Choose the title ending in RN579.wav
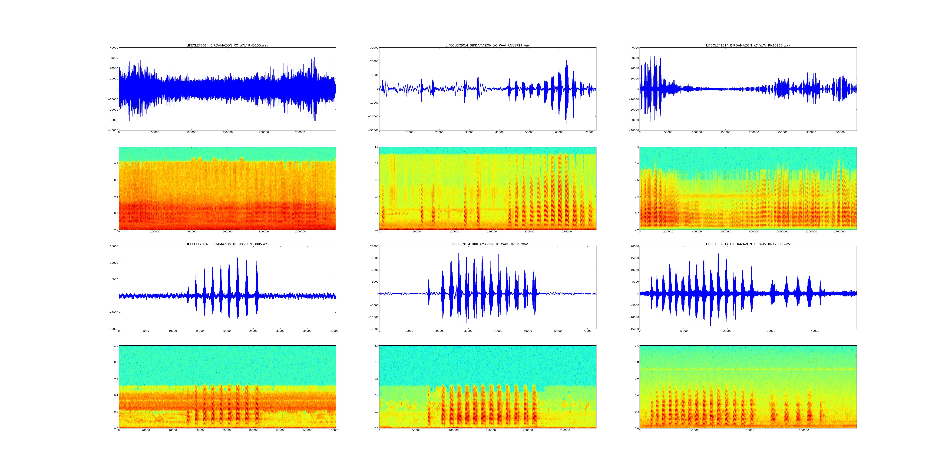pos(487,244)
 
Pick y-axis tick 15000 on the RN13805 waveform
pos(113,246)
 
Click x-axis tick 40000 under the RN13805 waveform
pos(334,331)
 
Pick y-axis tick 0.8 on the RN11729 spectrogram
pos(375,163)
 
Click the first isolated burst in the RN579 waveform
pos(428,292)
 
